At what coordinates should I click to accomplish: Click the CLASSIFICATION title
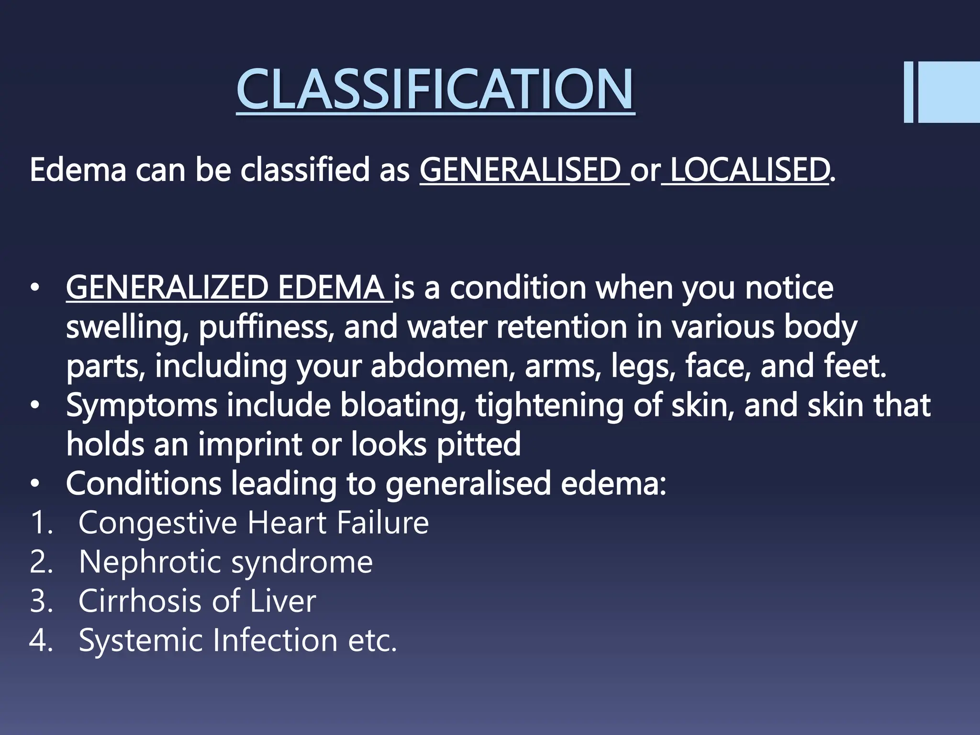click(435, 89)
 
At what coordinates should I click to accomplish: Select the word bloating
click(402, 406)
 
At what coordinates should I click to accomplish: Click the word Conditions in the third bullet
click(144, 484)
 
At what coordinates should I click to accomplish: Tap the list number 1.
click(38, 523)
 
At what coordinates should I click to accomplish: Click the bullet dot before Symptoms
click(35, 406)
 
